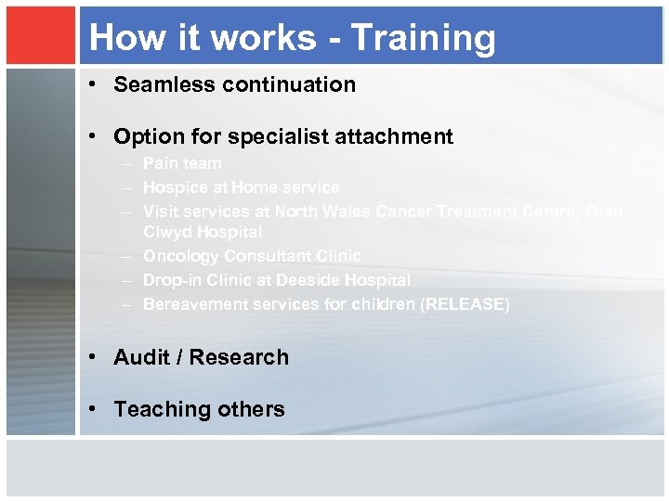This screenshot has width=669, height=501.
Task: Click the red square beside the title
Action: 39,36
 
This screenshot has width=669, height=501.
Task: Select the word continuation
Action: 284,84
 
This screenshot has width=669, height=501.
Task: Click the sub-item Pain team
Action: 182,163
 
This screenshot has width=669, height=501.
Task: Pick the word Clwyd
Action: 165,232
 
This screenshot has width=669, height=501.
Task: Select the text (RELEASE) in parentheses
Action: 465,304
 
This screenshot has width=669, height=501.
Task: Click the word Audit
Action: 139,357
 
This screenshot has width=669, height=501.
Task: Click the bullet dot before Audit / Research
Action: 97,357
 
